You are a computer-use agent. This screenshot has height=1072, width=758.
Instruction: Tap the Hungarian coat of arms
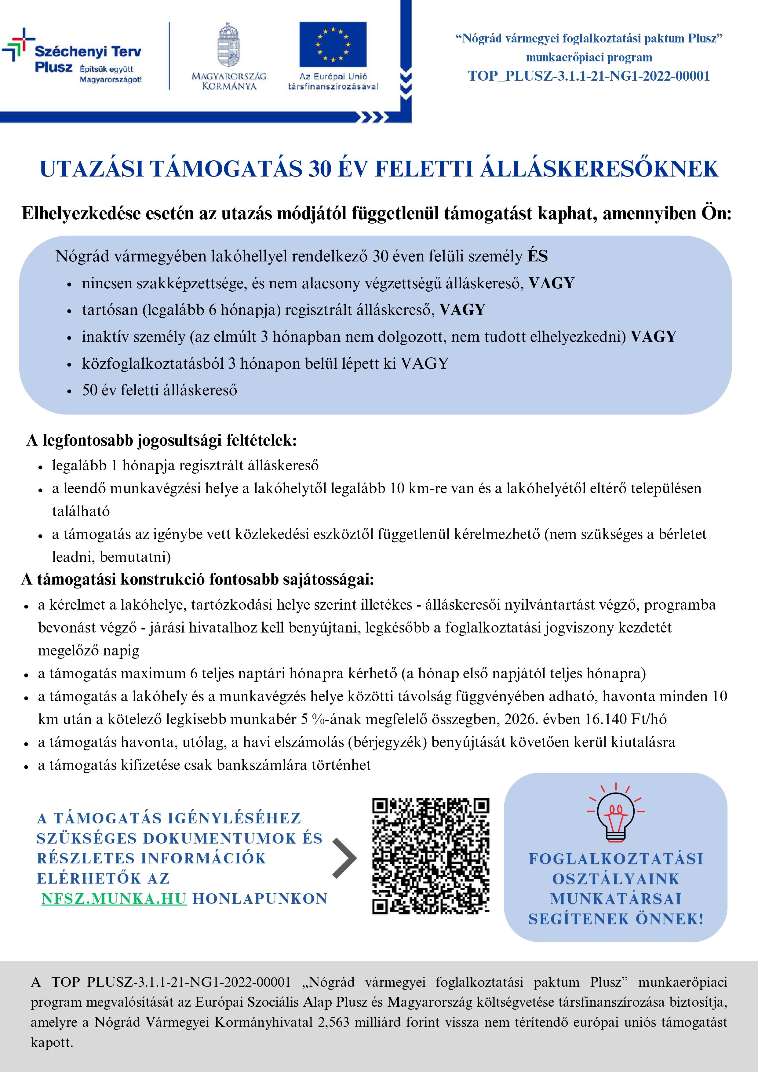tap(229, 45)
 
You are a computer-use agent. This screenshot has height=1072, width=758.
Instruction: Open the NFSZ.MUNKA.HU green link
tap(114, 899)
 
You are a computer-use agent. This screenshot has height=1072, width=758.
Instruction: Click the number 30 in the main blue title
tap(320, 169)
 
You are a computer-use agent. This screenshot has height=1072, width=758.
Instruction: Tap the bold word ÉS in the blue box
tap(538, 256)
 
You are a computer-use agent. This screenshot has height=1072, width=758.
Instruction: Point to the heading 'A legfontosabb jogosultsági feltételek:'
tap(162, 440)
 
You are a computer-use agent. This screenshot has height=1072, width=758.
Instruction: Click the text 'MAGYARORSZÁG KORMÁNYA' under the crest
tap(229, 81)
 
